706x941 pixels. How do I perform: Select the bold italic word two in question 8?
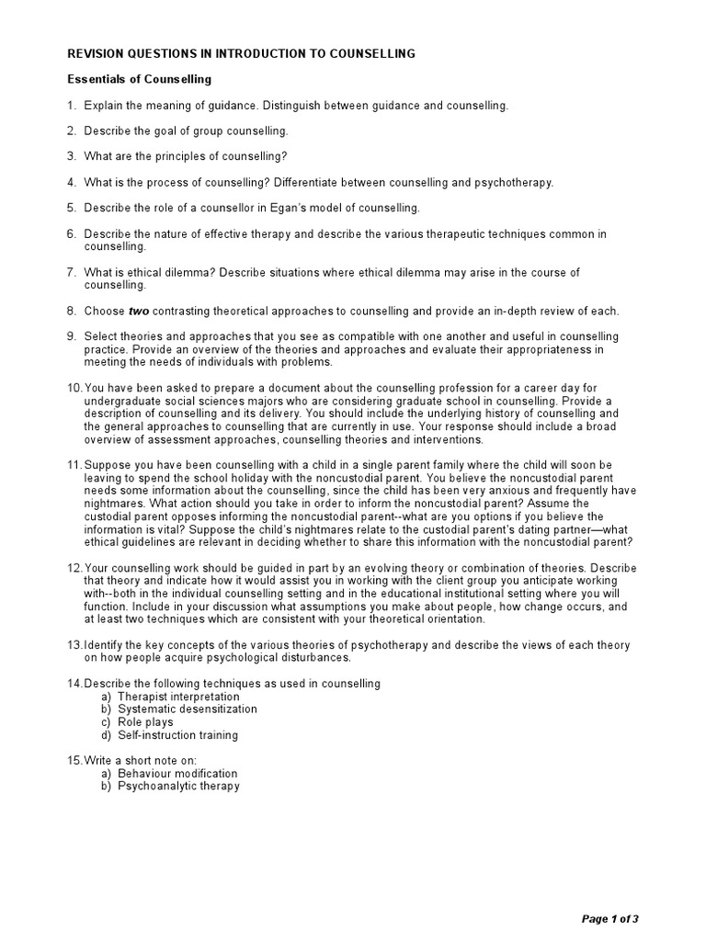click(x=138, y=311)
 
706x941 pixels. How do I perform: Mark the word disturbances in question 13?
click(x=305, y=658)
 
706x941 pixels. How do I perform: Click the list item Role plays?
click(x=145, y=722)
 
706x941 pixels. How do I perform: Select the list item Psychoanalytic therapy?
click(x=178, y=787)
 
